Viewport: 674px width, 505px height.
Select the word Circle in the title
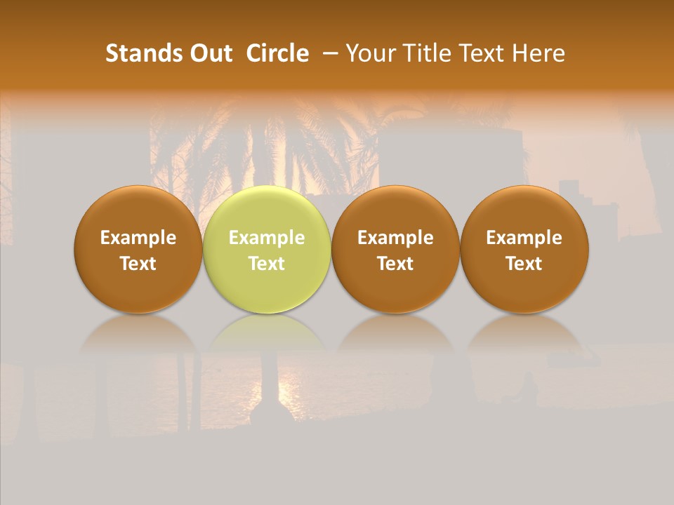[277, 53]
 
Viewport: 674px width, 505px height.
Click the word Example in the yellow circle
[267, 238]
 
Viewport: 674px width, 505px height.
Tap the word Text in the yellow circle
[267, 264]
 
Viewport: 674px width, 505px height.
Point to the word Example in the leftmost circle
[138, 238]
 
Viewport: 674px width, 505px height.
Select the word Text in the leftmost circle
[138, 264]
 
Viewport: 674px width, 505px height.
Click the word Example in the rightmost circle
[524, 238]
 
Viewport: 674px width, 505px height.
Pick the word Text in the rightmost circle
[524, 264]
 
